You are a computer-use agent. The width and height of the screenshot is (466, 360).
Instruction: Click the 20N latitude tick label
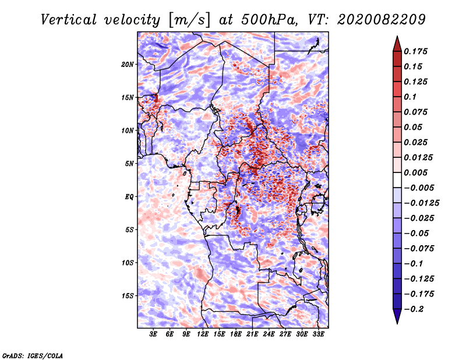tap(128, 64)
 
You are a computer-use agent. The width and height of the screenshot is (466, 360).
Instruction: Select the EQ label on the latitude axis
tap(129, 197)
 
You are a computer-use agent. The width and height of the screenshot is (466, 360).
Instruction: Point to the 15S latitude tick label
tap(128, 296)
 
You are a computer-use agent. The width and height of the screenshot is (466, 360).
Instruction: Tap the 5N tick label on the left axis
tap(129, 164)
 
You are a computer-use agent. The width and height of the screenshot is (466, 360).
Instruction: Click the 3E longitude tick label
tap(153, 334)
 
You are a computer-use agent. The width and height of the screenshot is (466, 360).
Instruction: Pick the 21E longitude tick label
tap(253, 334)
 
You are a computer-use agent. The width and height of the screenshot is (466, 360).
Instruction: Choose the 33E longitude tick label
tap(319, 334)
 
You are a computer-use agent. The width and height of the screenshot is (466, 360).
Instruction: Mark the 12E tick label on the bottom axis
tap(203, 334)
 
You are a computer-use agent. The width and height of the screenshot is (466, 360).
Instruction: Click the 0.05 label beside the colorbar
tap(414, 127)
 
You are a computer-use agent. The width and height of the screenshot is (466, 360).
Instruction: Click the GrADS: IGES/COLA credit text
tap(32, 355)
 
